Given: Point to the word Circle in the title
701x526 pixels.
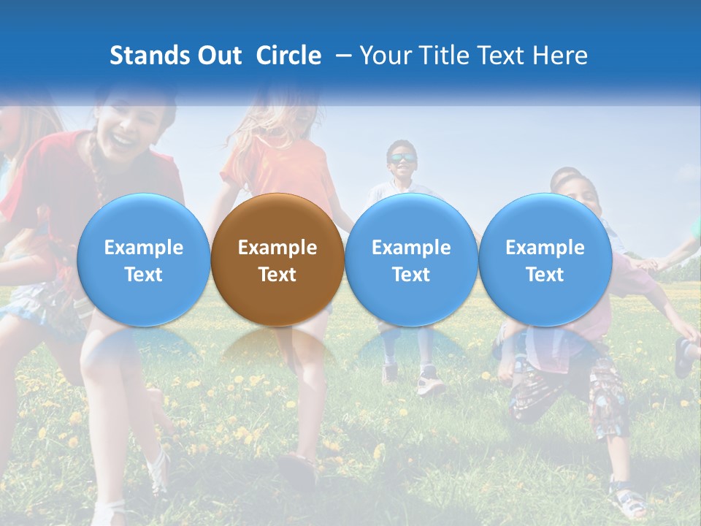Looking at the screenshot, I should click(288, 56).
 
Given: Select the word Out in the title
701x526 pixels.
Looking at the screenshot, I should click(218, 56).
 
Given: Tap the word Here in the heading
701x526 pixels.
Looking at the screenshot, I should click(562, 56).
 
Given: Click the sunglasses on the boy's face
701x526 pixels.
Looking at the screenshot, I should click(402, 158).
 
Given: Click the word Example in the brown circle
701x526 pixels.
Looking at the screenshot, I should click(277, 248).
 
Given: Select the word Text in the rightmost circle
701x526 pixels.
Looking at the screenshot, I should click(545, 275).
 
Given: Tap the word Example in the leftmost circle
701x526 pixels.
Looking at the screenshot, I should click(143, 248).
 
